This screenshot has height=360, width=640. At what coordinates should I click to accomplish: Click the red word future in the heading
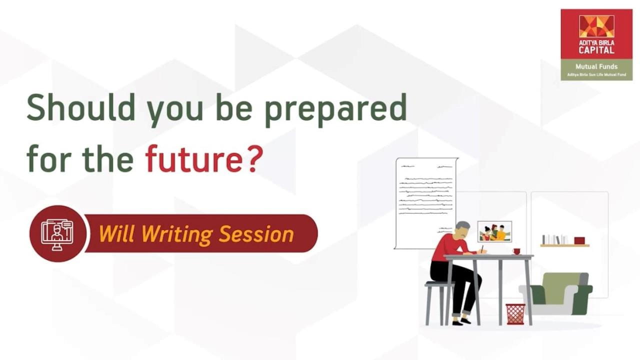point(194,158)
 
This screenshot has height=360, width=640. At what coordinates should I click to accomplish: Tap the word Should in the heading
point(81,106)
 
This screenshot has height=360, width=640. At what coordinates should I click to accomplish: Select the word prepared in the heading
point(336,110)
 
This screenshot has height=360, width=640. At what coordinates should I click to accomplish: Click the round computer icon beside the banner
point(57,233)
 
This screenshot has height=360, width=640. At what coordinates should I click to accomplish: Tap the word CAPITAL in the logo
point(596,50)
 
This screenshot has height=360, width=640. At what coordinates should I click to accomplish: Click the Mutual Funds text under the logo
point(596,66)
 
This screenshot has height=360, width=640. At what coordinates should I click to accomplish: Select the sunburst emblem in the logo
point(596,26)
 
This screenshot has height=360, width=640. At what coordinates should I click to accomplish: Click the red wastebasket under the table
point(515,314)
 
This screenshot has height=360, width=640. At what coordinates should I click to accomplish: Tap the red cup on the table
point(516,251)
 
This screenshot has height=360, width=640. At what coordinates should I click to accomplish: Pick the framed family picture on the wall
point(494,231)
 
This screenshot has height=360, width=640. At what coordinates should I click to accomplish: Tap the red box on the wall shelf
point(579,240)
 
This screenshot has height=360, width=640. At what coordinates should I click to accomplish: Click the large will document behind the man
point(426,203)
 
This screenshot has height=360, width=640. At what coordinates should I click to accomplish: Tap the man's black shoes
point(461,321)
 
